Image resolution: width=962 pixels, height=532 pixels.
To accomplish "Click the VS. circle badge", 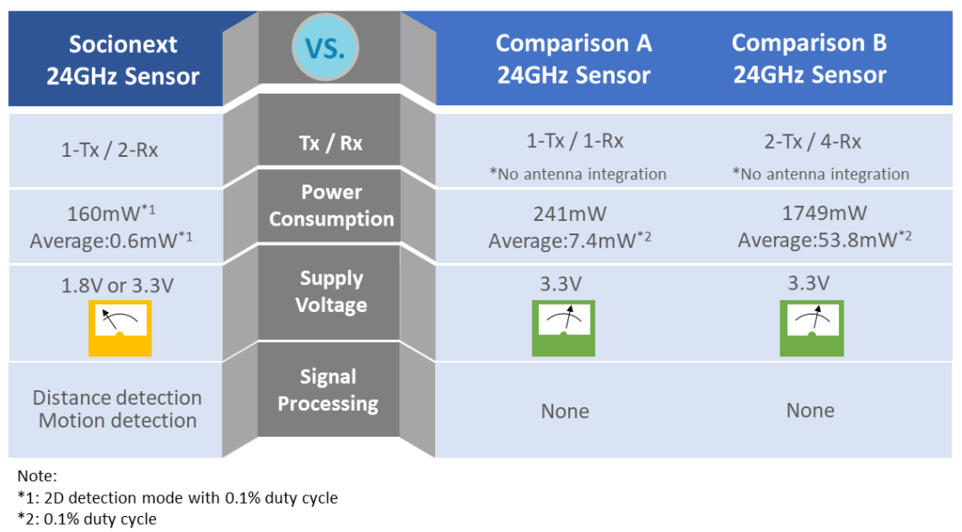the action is coord(325,47).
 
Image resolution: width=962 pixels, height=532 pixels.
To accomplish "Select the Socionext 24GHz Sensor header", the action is coord(123,60).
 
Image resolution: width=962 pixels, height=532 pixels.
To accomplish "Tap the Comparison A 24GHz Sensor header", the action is coord(574,59).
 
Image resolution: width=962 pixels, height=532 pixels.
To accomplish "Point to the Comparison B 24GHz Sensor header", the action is coord(810,58).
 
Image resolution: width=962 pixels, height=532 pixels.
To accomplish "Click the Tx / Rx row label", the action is coord(330,143).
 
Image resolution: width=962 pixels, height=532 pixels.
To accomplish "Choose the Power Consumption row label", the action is coord(331,206).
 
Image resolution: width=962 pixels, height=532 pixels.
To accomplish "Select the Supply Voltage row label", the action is coord(331,291).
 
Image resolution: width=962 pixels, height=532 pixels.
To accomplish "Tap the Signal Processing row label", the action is coord(328,389).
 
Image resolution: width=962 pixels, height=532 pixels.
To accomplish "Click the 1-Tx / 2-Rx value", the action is coord(110,150).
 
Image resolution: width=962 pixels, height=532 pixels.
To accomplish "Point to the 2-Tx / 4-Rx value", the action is coord(813,142).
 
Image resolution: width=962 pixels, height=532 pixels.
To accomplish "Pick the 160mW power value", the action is coord(111,213).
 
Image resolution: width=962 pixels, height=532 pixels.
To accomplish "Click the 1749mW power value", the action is coord(824,213).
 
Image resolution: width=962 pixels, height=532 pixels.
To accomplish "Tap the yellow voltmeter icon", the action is coord(119,328).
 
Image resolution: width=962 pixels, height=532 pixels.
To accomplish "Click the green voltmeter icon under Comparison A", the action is coord(563,328).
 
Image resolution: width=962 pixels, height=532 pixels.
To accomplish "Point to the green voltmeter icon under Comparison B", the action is coord(811,328).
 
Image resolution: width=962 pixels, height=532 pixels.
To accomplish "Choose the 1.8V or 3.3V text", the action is coord(118,285).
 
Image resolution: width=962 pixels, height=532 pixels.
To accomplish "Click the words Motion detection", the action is coord(118,421).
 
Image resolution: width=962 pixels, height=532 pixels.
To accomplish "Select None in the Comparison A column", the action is coord(565,411).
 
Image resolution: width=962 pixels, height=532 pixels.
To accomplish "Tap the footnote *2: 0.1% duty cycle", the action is coord(86,520).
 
